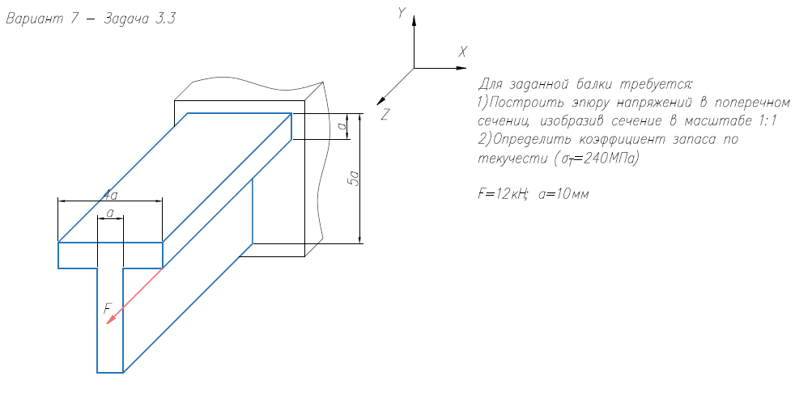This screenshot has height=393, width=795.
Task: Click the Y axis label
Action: (x=401, y=12)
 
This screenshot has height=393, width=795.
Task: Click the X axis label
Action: (x=463, y=51)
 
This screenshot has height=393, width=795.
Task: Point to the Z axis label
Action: (x=385, y=115)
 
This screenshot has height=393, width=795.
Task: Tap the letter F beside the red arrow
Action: (x=106, y=308)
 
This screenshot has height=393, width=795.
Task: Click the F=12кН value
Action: (x=503, y=194)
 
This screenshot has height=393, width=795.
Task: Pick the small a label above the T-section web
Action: (x=109, y=213)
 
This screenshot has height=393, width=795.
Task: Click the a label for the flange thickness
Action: (x=342, y=126)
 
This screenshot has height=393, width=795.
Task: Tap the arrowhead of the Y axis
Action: (x=415, y=19)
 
